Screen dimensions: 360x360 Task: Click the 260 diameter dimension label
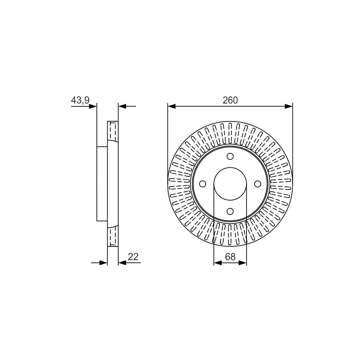pyautogui.click(x=230, y=100)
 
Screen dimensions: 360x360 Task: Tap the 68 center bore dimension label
pyautogui.click(x=230, y=256)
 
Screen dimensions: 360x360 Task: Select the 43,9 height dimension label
pyautogui.click(x=80, y=100)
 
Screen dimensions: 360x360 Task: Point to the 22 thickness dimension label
pyautogui.click(x=133, y=256)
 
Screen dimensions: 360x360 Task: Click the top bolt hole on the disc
pyautogui.click(x=230, y=156)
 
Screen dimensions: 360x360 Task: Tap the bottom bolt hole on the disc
pyautogui.click(x=230, y=211)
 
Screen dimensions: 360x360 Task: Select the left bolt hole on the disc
pyautogui.click(x=202, y=184)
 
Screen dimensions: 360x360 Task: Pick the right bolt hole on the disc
pyautogui.click(x=257, y=184)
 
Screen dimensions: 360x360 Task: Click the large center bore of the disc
pyautogui.click(x=230, y=184)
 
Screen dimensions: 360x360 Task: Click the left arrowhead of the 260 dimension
pyautogui.click(x=172, y=106)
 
